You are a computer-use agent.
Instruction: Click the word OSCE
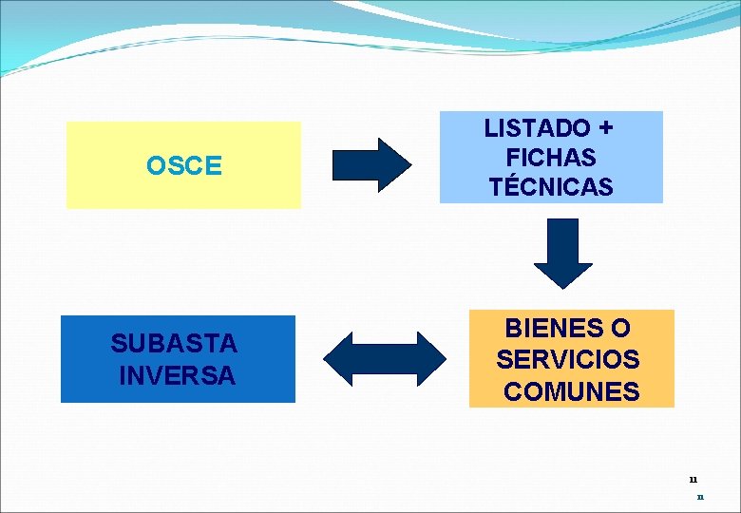(183, 166)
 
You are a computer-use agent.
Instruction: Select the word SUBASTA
(174, 343)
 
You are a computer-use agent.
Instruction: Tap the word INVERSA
(178, 375)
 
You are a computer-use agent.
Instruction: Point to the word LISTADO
(537, 128)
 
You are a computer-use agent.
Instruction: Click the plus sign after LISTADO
(605, 128)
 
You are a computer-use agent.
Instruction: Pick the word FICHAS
(551, 157)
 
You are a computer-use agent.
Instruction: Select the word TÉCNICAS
(551, 187)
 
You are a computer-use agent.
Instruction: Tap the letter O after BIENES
(620, 329)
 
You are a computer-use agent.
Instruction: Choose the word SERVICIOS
(568, 360)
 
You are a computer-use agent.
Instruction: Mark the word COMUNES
(572, 391)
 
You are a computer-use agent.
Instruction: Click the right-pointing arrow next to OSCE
(370, 165)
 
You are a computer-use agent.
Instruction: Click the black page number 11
(693, 480)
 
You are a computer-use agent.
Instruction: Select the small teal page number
(700, 496)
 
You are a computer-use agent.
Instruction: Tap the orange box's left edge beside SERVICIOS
(471, 360)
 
